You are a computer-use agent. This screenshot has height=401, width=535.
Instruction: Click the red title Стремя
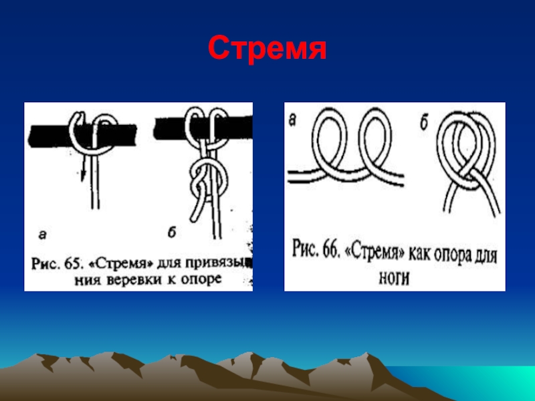point(267,48)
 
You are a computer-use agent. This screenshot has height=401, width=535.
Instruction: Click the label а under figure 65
point(43,235)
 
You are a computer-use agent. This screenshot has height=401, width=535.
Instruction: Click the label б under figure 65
point(171,233)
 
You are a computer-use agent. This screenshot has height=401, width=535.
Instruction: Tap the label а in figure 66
point(293,121)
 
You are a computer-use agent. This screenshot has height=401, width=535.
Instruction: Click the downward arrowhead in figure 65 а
point(84,174)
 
